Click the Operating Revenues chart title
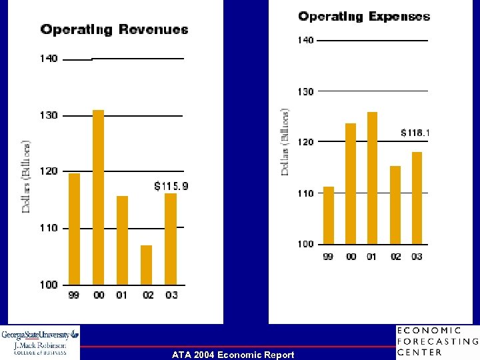[114, 29]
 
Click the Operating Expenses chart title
[364, 17]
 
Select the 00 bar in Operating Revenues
[98, 197]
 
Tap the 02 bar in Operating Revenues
[146, 265]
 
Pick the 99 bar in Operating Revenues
[74, 229]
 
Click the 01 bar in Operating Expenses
[372, 178]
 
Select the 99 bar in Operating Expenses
[328, 215]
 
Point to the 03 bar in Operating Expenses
[417, 198]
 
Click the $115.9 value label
[171, 186]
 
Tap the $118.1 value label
[415, 133]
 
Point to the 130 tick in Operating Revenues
[49, 115]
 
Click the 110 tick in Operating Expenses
[305, 193]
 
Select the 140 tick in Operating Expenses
[305, 41]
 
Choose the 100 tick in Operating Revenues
[49, 285]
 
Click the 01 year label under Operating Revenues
[122, 295]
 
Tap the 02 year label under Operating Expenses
[395, 257]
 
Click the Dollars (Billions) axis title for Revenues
[27, 177]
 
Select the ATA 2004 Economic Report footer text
[232, 355]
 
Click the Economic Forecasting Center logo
[437, 341]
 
